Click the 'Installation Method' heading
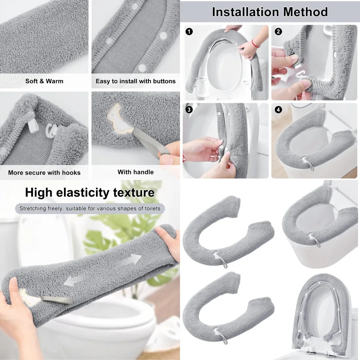tap(270, 12)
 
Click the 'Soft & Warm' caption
tap(44, 81)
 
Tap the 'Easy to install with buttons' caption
tap(136, 81)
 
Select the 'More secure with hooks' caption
tap(44, 173)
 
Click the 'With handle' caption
tap(136, 172)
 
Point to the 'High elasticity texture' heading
tap(90, 192)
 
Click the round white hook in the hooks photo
tap(52, 129)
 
